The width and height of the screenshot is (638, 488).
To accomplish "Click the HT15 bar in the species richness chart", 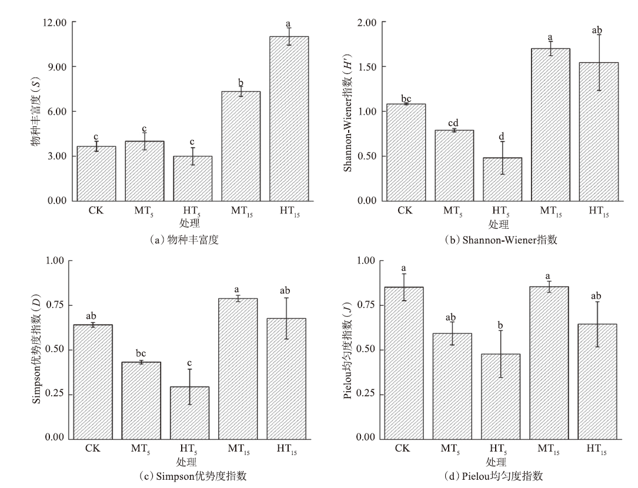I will tap(289, 118).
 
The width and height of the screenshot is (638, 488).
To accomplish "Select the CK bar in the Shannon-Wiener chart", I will tap(406, 152).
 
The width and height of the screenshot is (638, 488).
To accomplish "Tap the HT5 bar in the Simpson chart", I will tap(189, 412).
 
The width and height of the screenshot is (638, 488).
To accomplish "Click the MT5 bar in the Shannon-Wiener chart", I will tap(454, 165).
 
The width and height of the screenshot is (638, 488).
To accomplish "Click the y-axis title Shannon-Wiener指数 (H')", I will tap(348, 112).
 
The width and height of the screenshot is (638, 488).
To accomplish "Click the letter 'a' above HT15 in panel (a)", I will tap(288, 24).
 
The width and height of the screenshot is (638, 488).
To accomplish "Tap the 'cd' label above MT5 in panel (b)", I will tap(454, 123).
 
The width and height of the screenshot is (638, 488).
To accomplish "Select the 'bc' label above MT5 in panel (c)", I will tap(142, 354).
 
